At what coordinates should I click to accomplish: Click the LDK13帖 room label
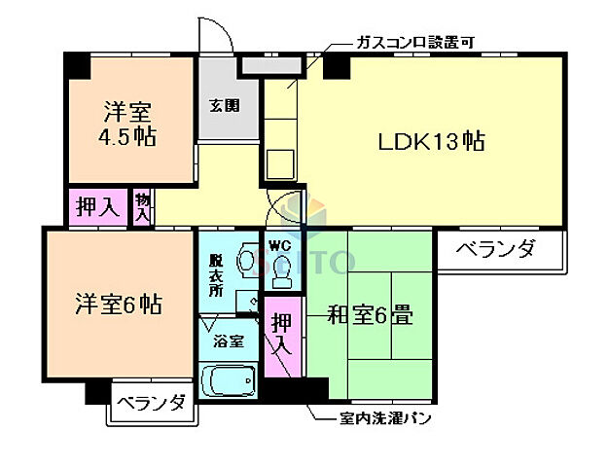431,142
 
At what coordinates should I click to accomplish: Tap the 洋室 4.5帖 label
128,122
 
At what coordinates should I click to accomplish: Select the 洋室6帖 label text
119,305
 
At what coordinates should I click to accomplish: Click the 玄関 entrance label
224,104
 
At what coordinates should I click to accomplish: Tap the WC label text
279,243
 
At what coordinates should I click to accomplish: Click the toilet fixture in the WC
281,274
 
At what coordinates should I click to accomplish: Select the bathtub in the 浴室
227,379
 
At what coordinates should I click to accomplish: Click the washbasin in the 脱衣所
246,261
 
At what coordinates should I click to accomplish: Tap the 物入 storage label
142,206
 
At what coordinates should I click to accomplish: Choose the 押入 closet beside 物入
97,207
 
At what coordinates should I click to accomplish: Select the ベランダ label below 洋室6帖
151,402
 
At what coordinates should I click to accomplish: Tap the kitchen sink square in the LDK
281,163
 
